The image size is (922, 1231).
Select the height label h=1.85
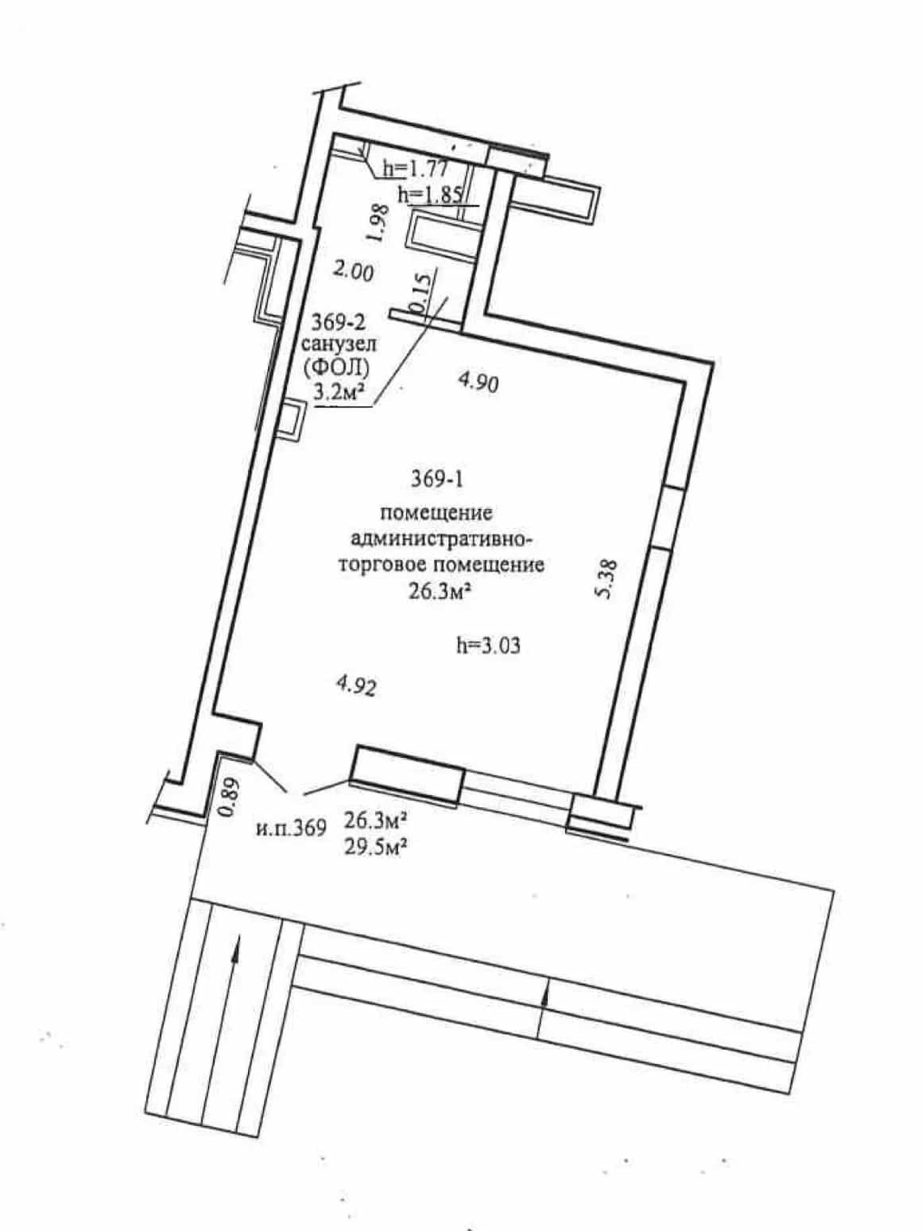pos(430,195)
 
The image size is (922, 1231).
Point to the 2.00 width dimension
pos(352,273)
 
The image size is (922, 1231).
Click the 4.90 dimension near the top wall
pos(478,383)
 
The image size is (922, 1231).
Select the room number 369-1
pos(437,480)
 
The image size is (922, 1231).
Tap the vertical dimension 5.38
pos(607,580)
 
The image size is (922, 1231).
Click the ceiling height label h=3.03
pos(488,646)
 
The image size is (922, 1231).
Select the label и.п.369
pos(292,828)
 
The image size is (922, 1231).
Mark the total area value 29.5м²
pos(375,849)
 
